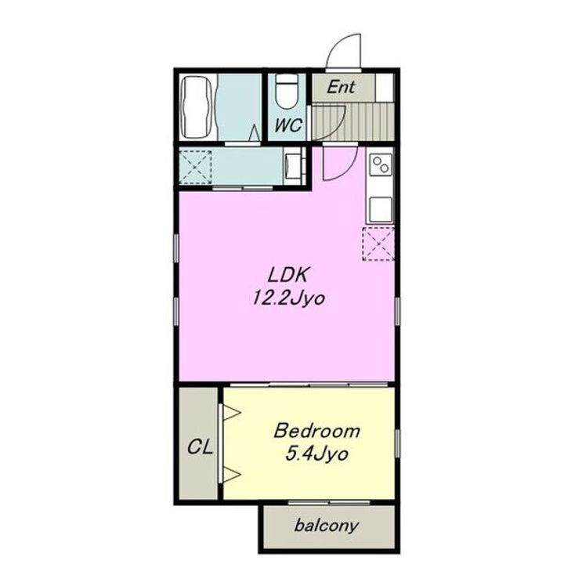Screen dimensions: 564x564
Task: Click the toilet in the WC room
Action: (286, 92)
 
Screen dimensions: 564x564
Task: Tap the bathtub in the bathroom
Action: (197, 107)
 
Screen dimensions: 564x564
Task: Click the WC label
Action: (287, 125)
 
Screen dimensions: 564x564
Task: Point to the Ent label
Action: (341, 87)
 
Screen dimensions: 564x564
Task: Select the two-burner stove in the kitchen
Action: (380, 164)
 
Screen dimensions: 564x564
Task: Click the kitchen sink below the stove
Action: (380, 208)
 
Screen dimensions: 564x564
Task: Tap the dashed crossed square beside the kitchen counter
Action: (378, 244)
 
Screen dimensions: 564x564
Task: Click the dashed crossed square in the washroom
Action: (195, 168)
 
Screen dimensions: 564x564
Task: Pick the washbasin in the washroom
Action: (293, 167)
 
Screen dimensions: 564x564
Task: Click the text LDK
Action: (287, 275)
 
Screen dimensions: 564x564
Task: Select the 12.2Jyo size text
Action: (288, 298)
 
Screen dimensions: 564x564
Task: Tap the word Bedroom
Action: (316, 431)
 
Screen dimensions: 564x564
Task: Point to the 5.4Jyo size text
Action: (316, 454)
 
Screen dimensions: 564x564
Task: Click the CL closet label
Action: (200, 447)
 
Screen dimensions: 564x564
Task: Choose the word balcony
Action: (326, 526)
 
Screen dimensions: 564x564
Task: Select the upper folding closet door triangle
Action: (231, 413)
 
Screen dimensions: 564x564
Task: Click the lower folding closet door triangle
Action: (231, 475)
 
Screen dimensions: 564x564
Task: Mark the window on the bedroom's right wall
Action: (397, 443)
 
